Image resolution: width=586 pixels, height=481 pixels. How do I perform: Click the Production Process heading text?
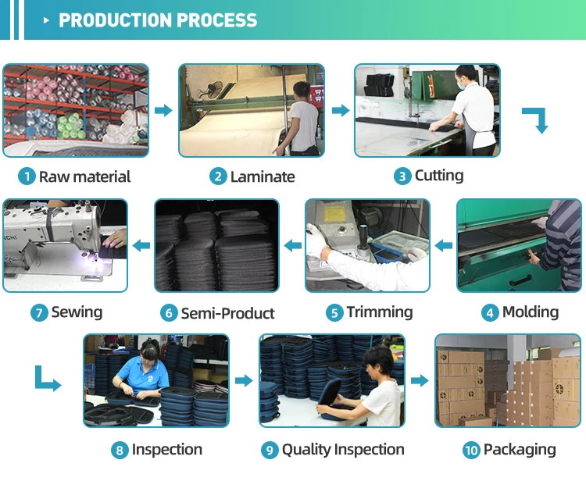[158, 20]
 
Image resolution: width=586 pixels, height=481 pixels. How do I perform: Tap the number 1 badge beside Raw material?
[27, 177]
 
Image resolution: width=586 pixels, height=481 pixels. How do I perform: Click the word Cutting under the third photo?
[439, 176]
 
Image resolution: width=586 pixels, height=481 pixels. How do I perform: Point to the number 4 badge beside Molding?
[490, 313]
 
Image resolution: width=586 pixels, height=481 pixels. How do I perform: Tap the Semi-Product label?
[227, 313]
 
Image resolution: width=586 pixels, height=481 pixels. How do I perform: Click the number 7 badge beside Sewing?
[39, 313]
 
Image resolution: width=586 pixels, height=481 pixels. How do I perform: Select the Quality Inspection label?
[343, 450]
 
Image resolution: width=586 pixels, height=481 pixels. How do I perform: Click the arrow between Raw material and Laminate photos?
[163, 111]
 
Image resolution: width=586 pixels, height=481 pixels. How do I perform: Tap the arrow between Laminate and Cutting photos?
[341, 111]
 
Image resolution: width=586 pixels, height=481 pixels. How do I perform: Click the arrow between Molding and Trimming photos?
[444, 246]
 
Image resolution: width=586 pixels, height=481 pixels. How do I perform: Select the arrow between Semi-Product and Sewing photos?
[141, 246]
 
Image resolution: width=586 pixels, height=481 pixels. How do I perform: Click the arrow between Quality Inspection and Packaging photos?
[420, 381]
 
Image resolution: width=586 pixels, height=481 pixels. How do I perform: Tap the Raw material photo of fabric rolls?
[75, 110]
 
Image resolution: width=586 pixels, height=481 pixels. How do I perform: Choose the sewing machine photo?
[65, 245]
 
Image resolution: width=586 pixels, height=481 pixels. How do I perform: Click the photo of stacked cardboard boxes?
[508, 380]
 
